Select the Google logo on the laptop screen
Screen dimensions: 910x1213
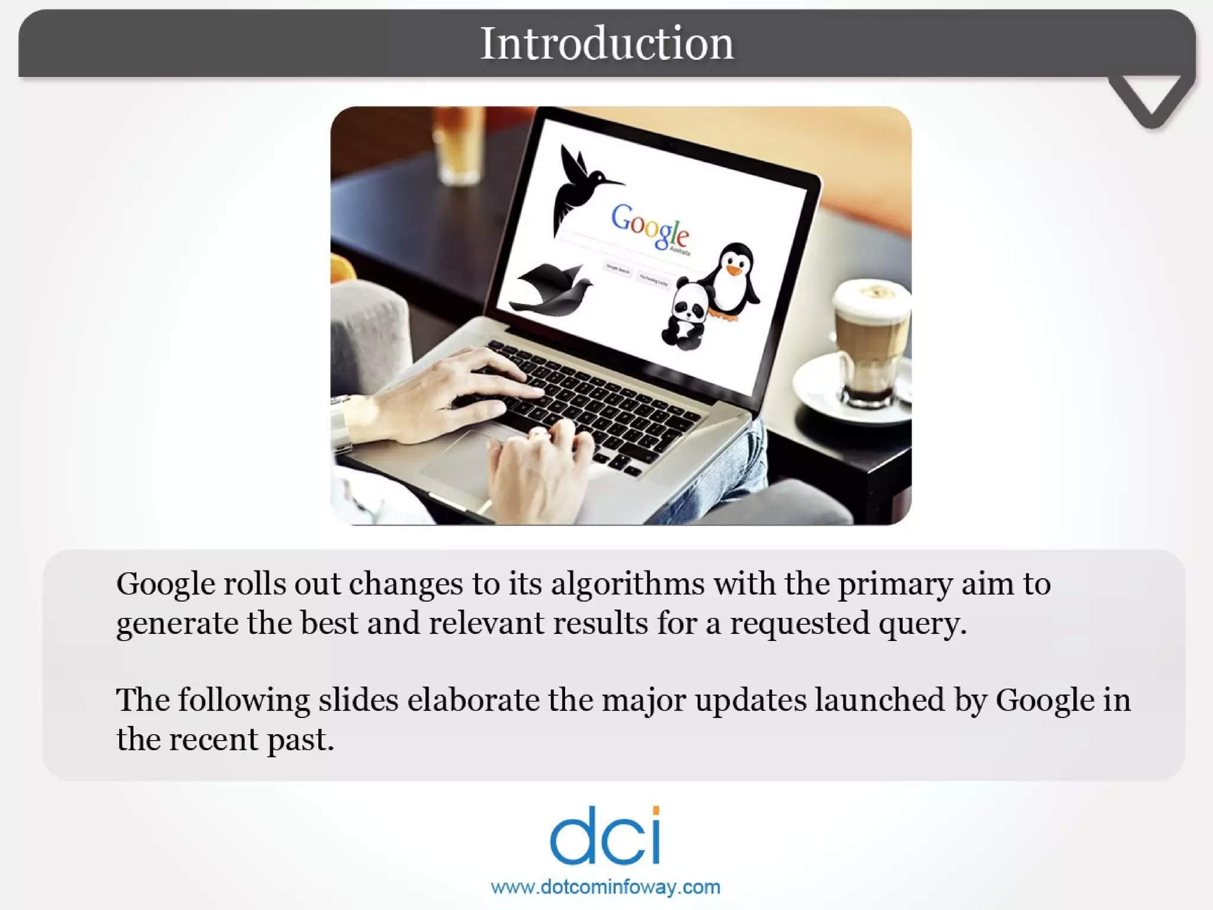(650, 227)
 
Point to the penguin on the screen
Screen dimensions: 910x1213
(733, 281)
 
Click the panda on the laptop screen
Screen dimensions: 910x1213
(685, 314)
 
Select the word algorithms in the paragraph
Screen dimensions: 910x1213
(628, 584)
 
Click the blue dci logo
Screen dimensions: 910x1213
(605, 835)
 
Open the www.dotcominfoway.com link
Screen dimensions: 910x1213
(605, 887)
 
